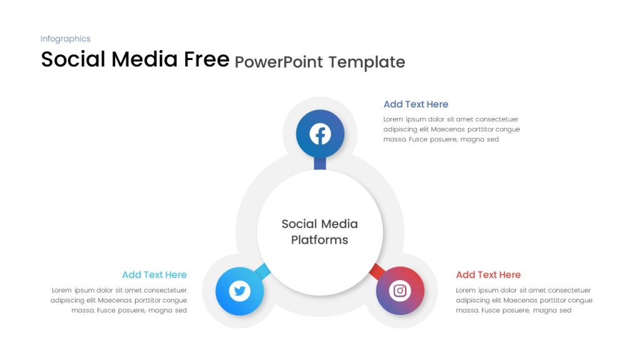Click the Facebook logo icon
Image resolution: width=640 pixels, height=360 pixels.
[320, 134]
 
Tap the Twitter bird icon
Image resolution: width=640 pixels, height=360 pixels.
[239, 291]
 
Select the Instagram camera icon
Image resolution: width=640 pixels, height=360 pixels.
[400, 291]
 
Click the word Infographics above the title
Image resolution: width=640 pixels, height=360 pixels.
[65, 39]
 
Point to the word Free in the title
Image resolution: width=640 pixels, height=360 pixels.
[206, 59]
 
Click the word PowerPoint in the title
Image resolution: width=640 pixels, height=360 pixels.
[279, 62]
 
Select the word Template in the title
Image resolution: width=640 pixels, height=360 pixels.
[367, 62]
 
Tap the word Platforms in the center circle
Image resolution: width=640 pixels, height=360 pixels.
[319, 240]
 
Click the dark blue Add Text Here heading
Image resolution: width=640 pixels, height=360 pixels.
[416, 104]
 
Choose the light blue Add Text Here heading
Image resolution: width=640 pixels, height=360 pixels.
[154, 275]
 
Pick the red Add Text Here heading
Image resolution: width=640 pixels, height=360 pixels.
[488, 275]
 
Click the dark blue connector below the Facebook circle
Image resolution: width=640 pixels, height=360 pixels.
[320, 163]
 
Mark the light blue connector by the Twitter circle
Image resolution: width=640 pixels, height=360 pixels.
[262, 271]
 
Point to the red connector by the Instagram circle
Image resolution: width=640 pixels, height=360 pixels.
[377, 271]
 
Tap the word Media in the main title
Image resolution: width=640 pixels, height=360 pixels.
[144, 59]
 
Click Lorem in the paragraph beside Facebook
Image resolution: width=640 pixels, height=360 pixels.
[393, 119]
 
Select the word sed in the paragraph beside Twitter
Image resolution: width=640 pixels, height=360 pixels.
[181, 310]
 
